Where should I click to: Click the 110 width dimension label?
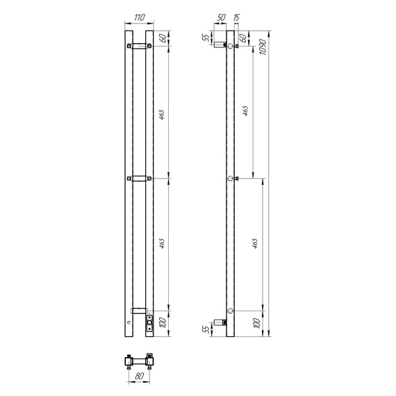click(140, 17)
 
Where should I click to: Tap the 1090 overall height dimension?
click(263, 47)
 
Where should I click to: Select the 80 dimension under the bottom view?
click(139, 376)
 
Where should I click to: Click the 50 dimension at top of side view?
click(221, 17)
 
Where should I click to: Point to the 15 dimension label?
click(237, 17)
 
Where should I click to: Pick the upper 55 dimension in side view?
click(206, 38)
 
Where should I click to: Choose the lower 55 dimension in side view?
click(206, 329)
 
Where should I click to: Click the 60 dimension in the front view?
click(163, 38)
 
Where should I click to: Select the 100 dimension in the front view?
click(163, 323)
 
